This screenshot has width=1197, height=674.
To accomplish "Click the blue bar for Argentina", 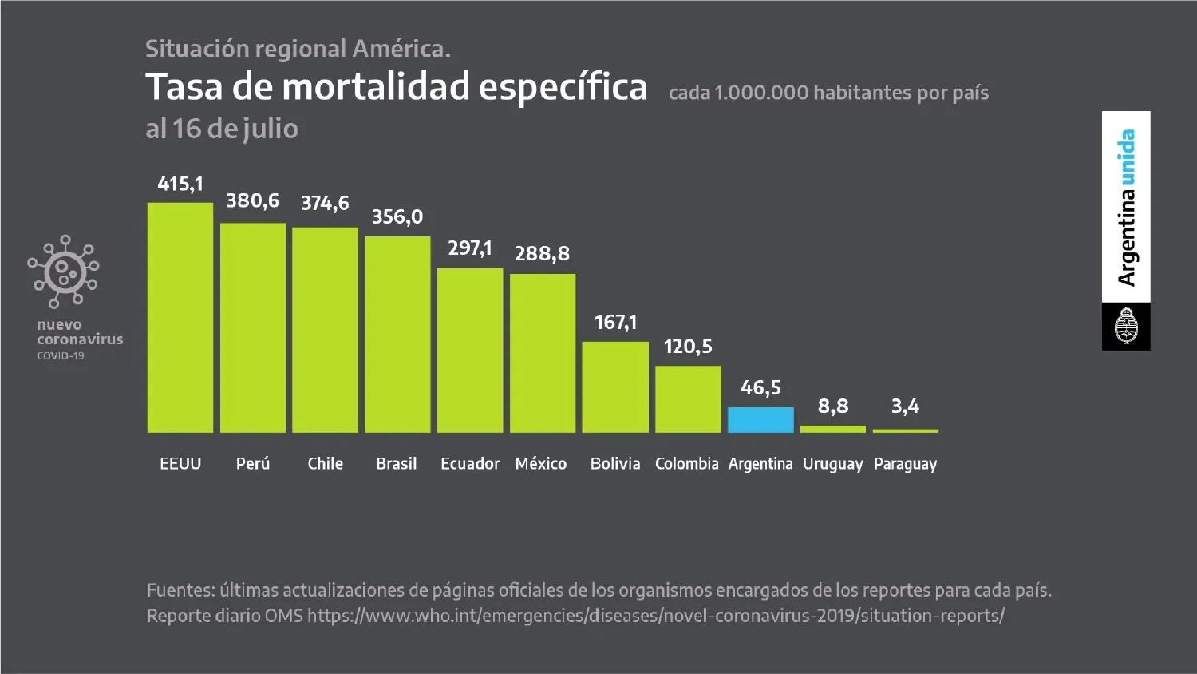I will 760,420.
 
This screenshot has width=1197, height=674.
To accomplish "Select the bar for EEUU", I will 180,318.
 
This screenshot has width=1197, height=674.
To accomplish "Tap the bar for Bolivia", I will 615,387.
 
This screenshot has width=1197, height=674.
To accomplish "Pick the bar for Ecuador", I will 470,351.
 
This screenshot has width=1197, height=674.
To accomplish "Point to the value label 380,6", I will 252,200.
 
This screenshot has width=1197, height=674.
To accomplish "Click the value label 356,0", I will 397,216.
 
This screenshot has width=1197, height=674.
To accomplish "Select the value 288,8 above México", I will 542,254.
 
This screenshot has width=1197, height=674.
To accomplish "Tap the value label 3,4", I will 905,406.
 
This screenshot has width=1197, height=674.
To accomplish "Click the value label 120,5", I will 688,347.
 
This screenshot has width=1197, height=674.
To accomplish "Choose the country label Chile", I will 325,464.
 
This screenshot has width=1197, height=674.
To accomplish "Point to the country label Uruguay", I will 832,464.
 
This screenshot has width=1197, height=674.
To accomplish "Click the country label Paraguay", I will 905,464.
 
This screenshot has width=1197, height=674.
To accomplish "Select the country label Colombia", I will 686,464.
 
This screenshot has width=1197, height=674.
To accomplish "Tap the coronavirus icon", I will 63,272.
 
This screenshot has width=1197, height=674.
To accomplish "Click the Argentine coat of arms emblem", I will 1126,326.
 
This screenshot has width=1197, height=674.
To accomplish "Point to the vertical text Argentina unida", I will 1126,207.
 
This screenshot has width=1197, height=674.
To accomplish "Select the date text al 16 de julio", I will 222,129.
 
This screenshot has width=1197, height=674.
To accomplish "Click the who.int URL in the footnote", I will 655,616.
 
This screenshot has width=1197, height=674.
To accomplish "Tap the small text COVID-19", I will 60,356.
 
